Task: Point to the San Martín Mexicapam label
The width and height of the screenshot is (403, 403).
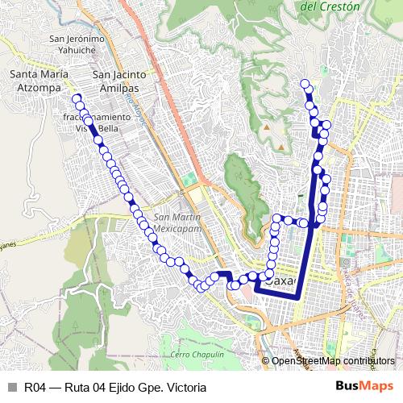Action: click(x=177, y=222)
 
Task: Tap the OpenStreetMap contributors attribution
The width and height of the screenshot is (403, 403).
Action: click(x=334, y=360)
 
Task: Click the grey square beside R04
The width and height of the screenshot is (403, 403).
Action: click(x=11, y=388)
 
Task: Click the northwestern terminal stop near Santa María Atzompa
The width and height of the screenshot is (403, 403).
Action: click(x=77, y=99)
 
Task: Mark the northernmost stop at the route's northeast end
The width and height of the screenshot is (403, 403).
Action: click(x=305, y=84)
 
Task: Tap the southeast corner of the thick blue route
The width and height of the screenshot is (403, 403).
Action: click(x=299, y=297)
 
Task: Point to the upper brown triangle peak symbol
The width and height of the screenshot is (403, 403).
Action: click(x=265, y=127)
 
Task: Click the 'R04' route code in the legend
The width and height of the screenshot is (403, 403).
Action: click(x=35, y=388)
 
